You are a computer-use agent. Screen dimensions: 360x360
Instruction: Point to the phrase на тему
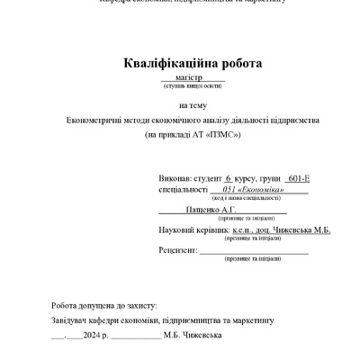pyautogui.click(x=193, y=105)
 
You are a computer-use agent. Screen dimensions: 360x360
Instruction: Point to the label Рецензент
pyautogui.click(x=176, y=248)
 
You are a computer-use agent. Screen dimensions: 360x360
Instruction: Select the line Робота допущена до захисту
pyautogui.click(x=104, y=305)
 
